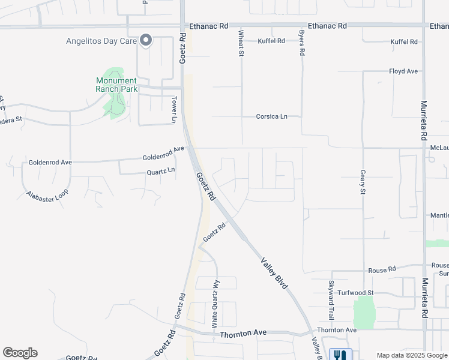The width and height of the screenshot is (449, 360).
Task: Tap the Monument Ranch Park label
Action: click(116, 85)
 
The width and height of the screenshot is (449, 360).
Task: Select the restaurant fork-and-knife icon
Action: click(340, 355)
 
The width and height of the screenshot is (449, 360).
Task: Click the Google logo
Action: click(20, 353)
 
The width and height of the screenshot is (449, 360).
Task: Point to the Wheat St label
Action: click(241, 44)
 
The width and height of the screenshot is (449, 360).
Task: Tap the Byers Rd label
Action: click(302, 43)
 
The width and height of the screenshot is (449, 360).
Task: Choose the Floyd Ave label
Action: click(403, 71)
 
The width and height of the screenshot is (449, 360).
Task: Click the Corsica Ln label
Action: click(272, 116)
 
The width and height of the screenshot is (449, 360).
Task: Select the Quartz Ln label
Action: click(161, 172)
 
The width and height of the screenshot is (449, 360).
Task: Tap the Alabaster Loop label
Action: click(47, 196)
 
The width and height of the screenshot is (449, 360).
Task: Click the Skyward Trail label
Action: click(331, 299)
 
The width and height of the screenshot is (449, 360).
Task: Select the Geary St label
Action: click(363, 182)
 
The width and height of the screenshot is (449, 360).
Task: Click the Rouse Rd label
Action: click(382, 270)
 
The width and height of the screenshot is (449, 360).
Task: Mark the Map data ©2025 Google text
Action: click(412, 355)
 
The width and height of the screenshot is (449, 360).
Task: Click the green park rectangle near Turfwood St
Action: click(364, 312)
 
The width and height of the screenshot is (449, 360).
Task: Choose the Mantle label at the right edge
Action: click(439, 215)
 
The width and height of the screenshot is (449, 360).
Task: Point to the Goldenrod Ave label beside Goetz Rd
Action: click(163, 154)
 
